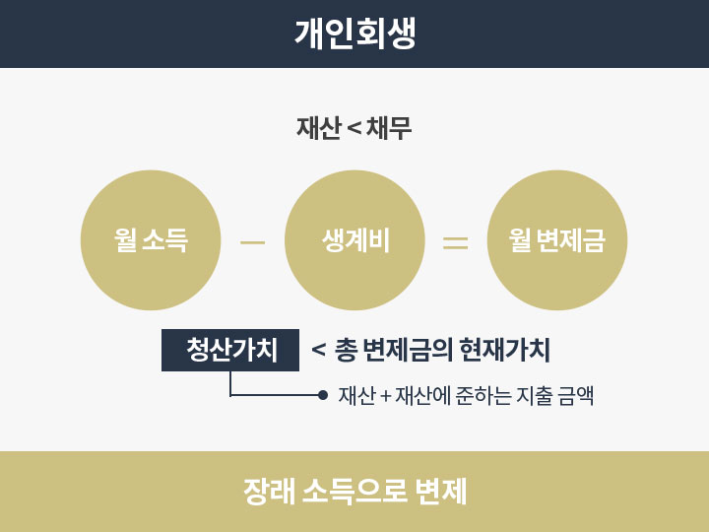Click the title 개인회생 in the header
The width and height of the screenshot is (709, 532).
[x=354, y=33]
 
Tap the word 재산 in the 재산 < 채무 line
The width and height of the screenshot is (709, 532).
[x=318, y=127]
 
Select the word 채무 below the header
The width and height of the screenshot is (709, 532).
[x=389, y=127]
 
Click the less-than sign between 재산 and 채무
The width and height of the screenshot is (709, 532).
[x=354, y=128]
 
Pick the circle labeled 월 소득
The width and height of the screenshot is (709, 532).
[x=151, y=240]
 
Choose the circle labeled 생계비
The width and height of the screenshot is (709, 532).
[x=354, y=240]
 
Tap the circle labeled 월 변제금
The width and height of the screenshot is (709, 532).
[x=557, y=240]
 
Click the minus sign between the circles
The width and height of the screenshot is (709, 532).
[x=253, y=242]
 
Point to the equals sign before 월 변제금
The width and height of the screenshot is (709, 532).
[x=455, y=242]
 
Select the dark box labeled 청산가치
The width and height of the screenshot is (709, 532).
[x=230, y=350]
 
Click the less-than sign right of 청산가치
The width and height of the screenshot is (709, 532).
[x=318, y=350]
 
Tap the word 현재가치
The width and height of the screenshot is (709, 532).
[x=504, y=350]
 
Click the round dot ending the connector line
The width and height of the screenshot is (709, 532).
[x=322, y=395]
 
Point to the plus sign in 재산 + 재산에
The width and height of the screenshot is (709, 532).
[x=386, y=396]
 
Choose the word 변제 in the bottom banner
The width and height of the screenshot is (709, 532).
[x=441, y=492]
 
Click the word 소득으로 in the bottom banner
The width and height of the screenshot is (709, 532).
[x=354, y=492]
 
